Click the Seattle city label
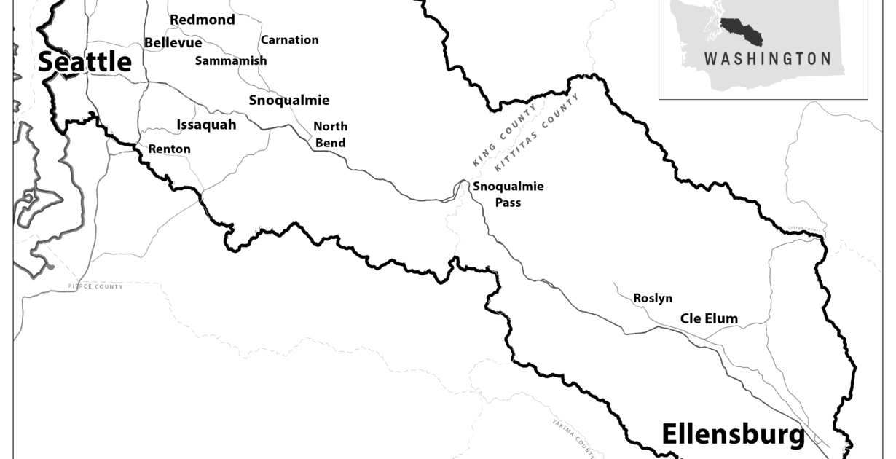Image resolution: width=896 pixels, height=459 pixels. pos(85,62)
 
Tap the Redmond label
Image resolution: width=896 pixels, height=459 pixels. pos(203,20)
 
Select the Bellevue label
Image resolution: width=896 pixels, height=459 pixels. pos(173,43)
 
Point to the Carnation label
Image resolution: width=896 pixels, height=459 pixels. pos(289,40)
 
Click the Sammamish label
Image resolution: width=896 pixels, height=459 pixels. pos(231,61)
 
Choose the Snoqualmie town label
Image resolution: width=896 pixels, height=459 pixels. pos(288,101)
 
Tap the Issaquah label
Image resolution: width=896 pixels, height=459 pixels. pos(206,125)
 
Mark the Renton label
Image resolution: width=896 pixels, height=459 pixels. pos(169,149)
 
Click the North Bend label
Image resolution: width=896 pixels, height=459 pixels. pos(330,134)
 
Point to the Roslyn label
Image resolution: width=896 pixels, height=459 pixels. pos(653,298)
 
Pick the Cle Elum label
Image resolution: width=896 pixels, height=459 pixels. pos(709,318)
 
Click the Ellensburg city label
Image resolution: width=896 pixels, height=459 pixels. pos(733,435)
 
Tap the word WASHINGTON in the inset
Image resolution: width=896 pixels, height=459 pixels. pos(767,59)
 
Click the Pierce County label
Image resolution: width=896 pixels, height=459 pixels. pos(95,287)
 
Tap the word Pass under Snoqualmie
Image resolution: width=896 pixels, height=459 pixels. pos(508,203)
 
